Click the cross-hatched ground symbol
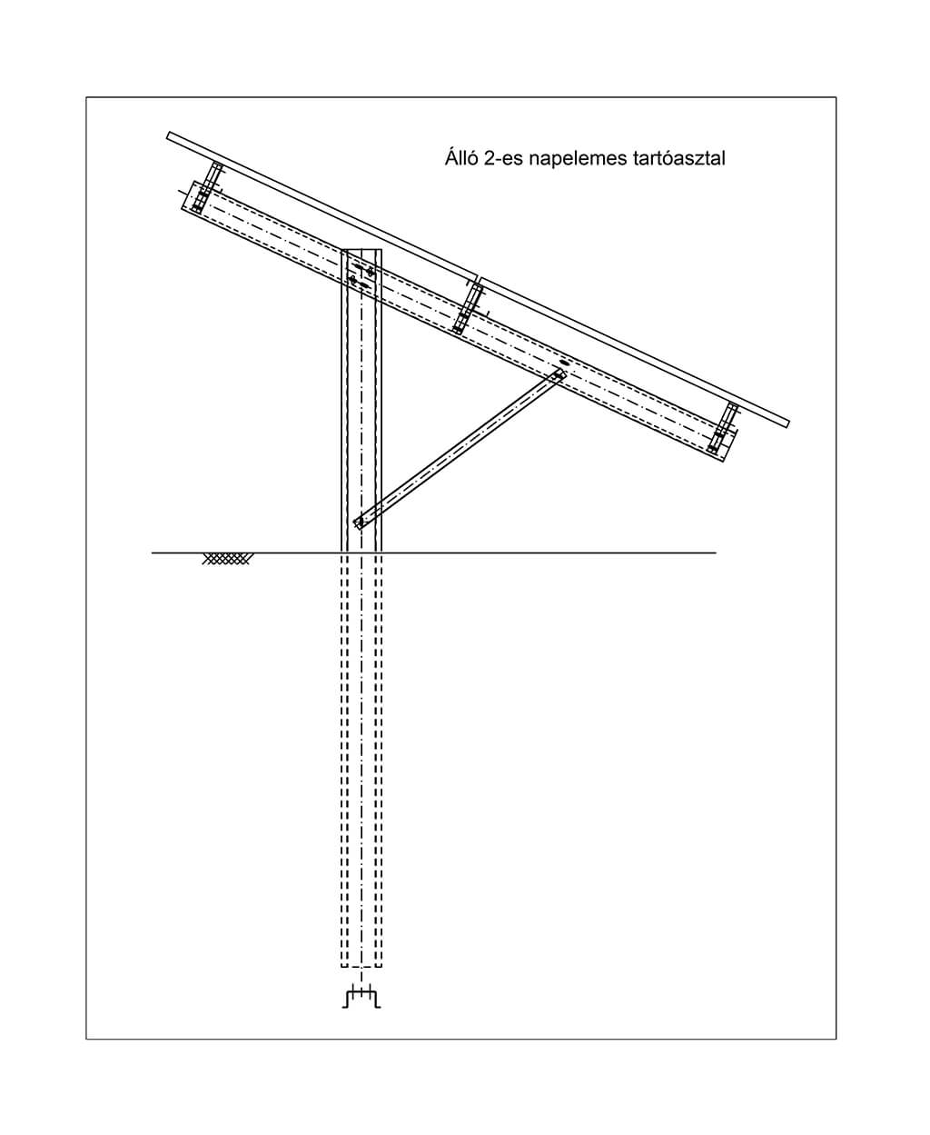[x=226, y=559]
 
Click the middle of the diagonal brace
[x=460, y=450]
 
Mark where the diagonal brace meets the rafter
[x=559, y=374]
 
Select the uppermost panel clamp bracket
[x=208, y=188]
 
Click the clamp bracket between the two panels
[x=468, y=308]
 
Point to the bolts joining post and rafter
[x=361, y=275]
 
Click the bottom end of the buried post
[x=361, y=967]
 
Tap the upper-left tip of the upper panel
[x=169, y=134]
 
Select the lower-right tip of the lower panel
[x=787, y=424]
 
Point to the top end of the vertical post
[x=361, y=250]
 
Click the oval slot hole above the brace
[x=564, y=363]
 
